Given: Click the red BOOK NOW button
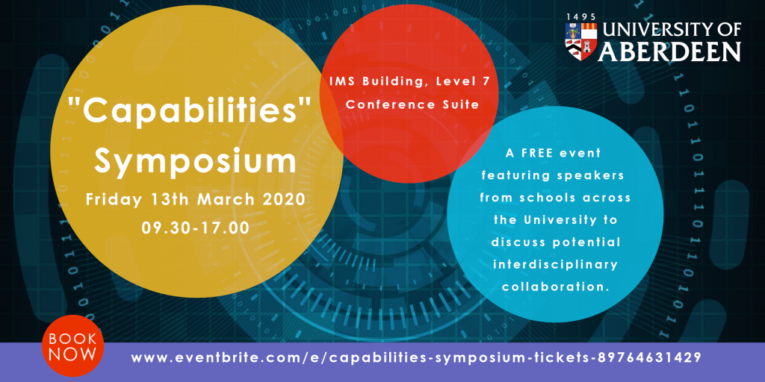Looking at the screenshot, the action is [73, 345].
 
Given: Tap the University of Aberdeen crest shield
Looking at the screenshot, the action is [580, 42].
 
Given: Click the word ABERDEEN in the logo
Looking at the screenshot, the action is [670, 51].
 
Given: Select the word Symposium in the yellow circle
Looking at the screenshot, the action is [195, 162].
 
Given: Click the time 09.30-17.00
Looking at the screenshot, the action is [195, 228].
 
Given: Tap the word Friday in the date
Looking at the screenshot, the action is [111, 200].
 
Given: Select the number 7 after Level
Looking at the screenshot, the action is [486, 81].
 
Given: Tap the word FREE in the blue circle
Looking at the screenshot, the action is [536, 154].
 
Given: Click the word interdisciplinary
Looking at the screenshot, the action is [556, 264].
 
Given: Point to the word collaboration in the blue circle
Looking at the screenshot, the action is [556, 286].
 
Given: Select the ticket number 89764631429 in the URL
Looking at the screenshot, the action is [646, 357].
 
